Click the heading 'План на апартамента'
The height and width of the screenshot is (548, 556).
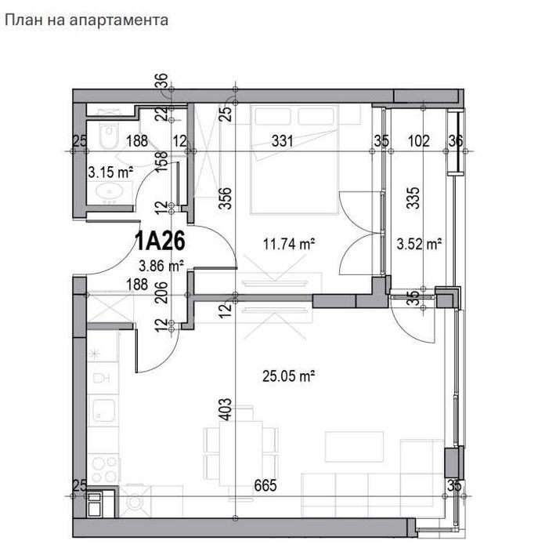(87, 20)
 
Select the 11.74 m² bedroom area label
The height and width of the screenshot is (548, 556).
(289, 245)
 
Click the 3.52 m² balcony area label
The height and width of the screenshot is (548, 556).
(420, 245)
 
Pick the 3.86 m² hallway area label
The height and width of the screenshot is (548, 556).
(161, 266)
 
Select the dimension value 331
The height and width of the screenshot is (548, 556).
(283, 141)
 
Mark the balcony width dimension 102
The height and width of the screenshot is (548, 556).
(420, 141)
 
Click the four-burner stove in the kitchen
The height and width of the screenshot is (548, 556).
(103, 468)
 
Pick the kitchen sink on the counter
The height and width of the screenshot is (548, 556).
(103, 411)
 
